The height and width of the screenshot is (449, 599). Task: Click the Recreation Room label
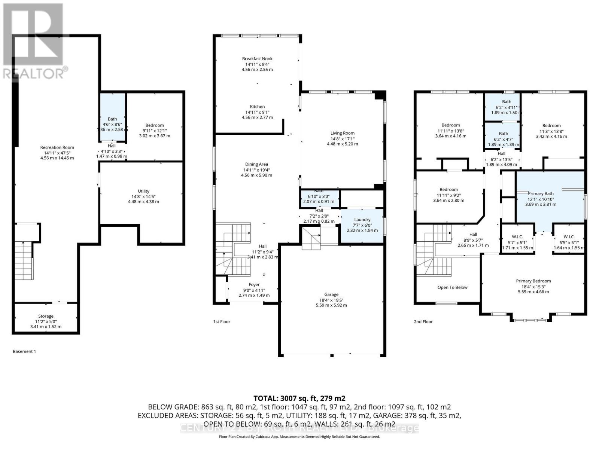click(x=57, y=147)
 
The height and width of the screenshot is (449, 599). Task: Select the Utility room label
click(x=143, y=191)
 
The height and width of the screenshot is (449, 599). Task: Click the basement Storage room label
click(x=46, y=316)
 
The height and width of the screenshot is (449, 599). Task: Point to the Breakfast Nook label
click(x=257, y=59)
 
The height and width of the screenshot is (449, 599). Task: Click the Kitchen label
click(x=257, y=107)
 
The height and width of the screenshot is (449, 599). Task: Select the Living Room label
click(x=342, y=133)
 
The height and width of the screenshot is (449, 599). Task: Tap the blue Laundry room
click(x=362, y=224)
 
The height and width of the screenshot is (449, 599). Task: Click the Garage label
click(x=331, y=294)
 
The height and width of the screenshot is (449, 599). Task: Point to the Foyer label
click(x=254, y=285)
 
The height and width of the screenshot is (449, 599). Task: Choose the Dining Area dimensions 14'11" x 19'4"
click(x=256, y=170)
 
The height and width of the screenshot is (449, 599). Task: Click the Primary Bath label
click(x=541, y=193)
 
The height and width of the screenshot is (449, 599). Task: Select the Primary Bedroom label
click(x=533, y=281)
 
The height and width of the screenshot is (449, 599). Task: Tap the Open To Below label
click(x=452, y=287)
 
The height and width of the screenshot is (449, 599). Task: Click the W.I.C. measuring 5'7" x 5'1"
click(x=517, y=237)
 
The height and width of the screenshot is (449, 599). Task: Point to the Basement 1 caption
click(x=24, y=351)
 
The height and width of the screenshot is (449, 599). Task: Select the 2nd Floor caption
click(x=423, y=321)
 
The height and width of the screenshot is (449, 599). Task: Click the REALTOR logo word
click(x=34, y=73)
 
